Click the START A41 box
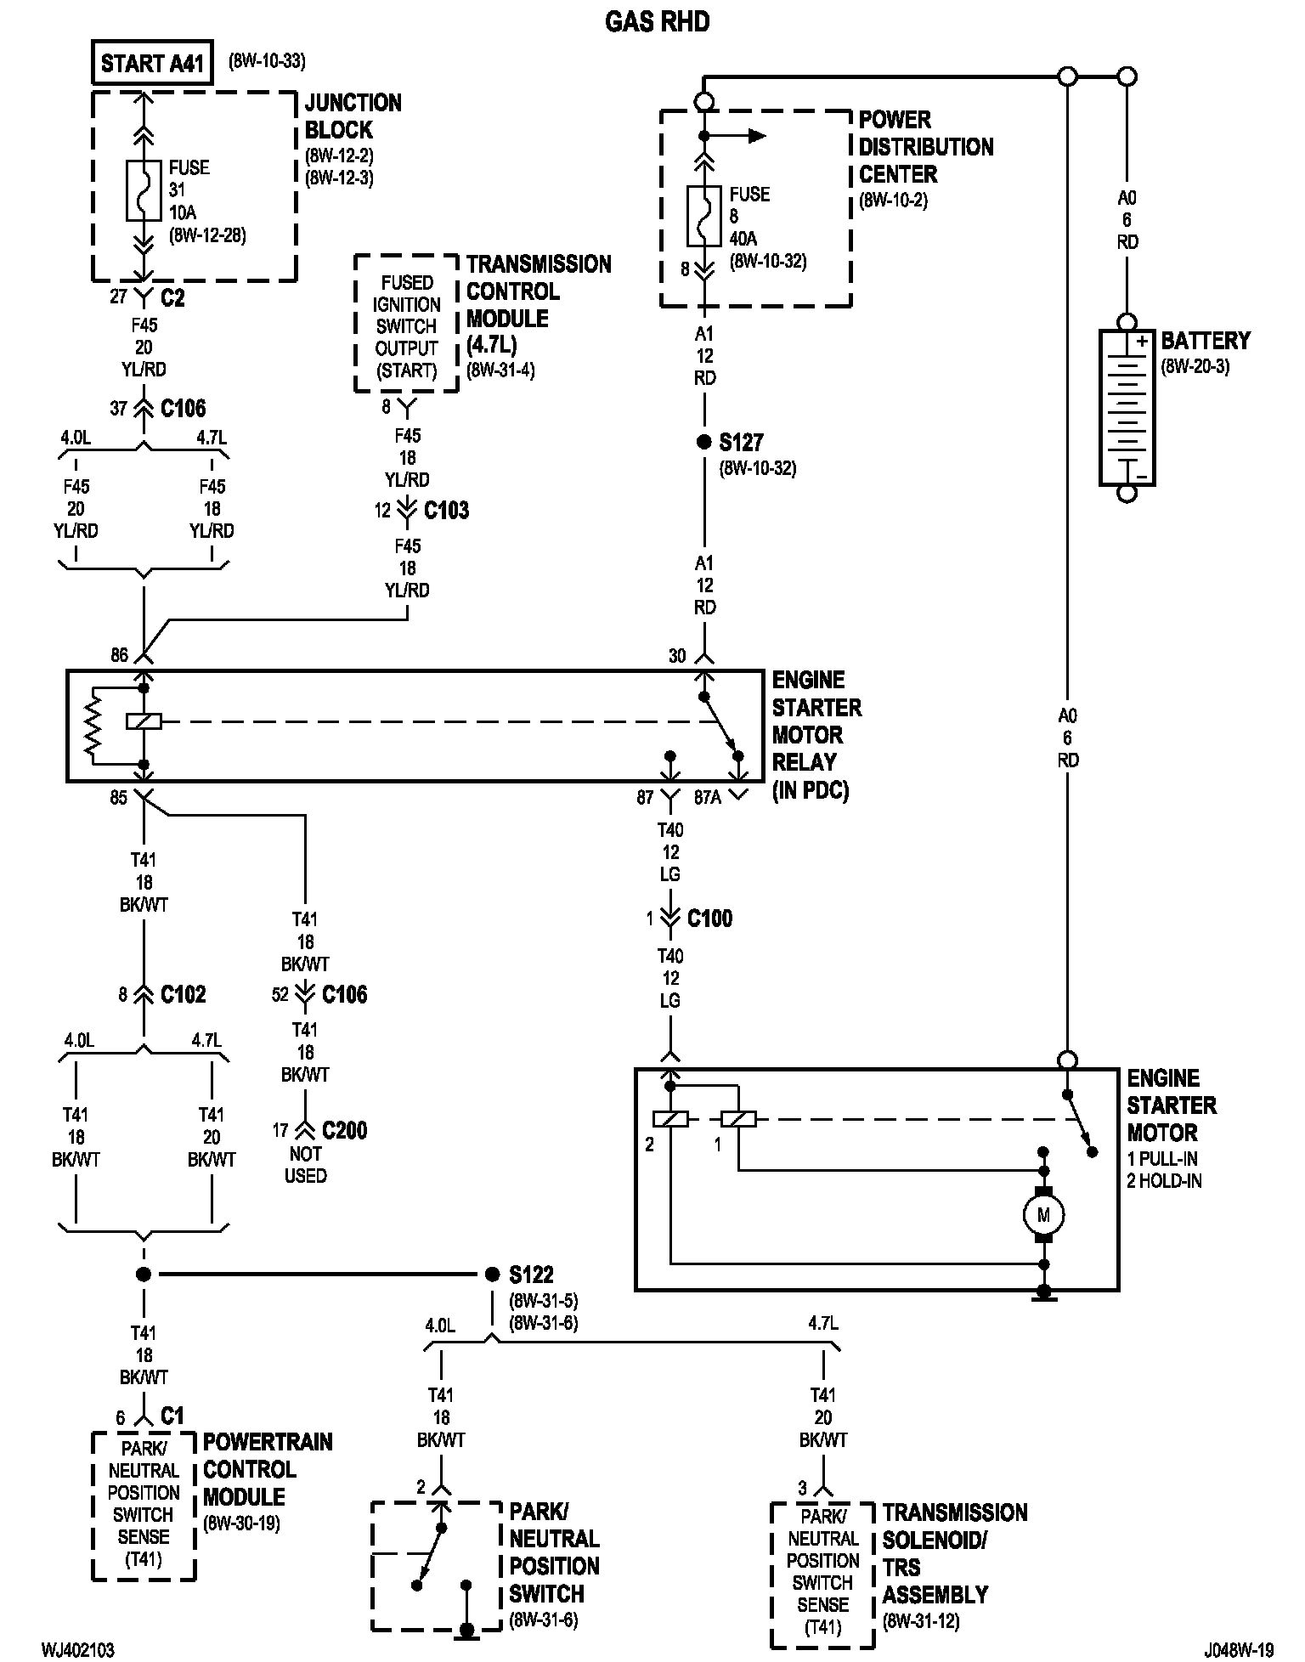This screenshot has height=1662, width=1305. [152, 64]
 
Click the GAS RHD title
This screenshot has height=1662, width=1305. [657, 22]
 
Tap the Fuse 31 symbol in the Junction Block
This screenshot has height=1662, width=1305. [144, 189]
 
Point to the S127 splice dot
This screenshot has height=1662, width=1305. [703, 443]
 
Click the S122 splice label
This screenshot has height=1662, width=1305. [531, 1275]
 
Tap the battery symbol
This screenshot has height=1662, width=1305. [1127, 408]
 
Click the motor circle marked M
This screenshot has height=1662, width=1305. [1043, 1215]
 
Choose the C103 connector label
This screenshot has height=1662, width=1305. [446, 511]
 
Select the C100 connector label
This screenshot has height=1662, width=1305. [709, 919]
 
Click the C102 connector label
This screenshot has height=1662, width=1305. [183, 995]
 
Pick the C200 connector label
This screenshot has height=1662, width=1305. [344, 1131]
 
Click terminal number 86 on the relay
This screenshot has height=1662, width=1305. [119, 655]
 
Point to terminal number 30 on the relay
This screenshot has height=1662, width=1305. [677, 655]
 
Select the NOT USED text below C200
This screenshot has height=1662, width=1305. [305, 1165]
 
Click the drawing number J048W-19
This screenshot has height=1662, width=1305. [1237, 1650]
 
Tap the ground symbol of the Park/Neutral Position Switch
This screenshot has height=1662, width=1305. [466, 1630]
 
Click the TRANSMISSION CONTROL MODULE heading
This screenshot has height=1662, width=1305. [537, 291]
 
